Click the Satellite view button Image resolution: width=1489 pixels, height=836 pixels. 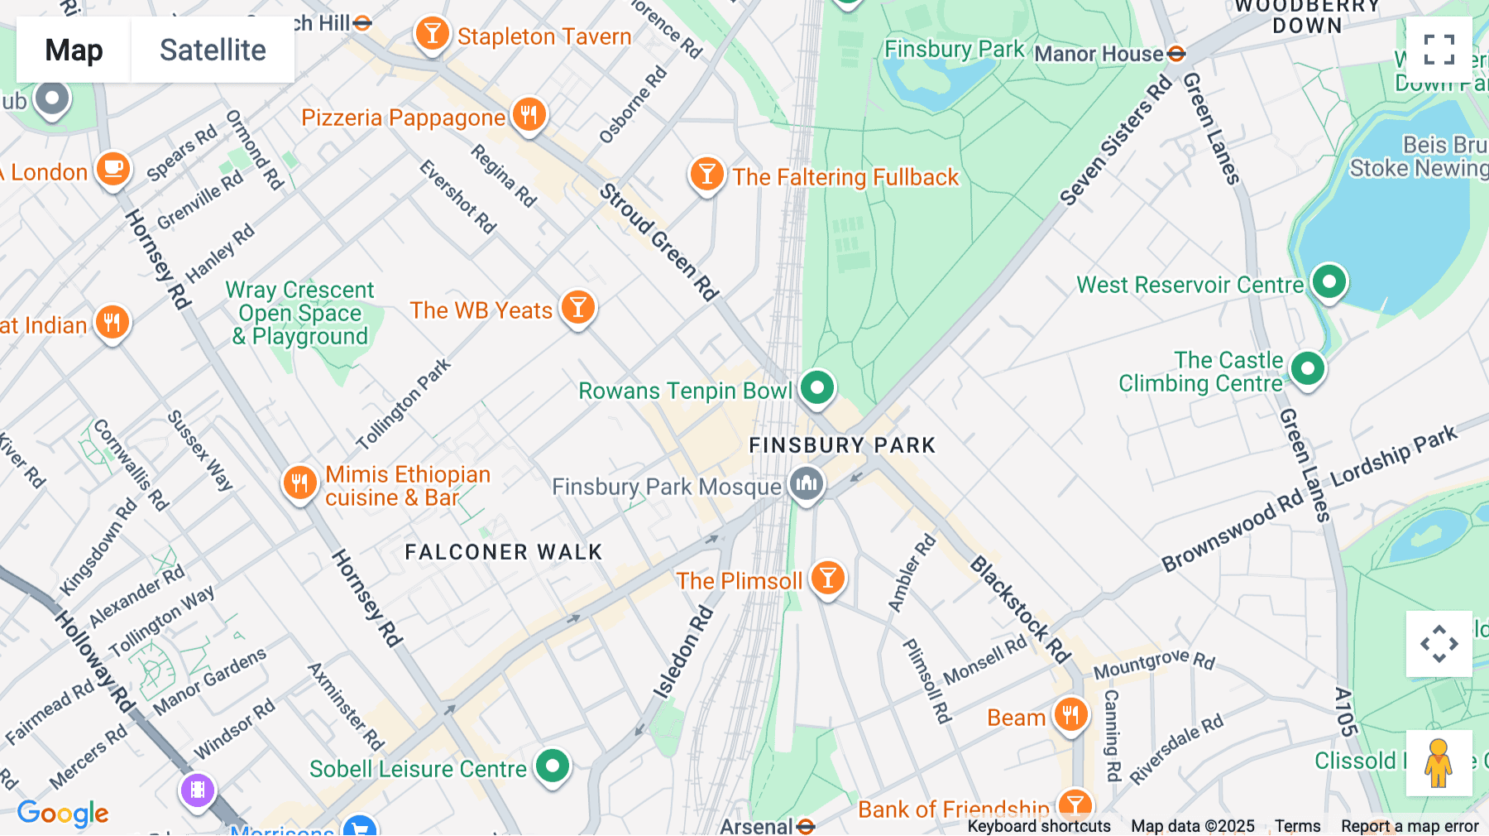[213, 50]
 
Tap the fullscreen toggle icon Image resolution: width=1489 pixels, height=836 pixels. [1439, 50]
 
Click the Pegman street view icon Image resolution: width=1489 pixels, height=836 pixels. [1439, 763]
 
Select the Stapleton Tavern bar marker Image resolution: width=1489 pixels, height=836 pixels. [432, 34]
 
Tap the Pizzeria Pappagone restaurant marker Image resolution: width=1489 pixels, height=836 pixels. [529, 114]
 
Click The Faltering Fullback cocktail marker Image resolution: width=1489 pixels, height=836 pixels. [706, 175]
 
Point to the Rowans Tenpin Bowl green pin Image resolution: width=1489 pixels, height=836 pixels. [817, 387]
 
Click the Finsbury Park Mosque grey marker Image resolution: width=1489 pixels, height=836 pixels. [807, 483]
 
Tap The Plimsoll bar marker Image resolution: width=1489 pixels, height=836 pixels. [827, 579]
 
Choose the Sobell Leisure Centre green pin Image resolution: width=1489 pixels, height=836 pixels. [553, 766]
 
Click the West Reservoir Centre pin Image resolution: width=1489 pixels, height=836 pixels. [1329, 282]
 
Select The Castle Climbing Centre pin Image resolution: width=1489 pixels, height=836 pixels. [1307, 368]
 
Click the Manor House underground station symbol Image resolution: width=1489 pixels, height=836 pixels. [1176, 54]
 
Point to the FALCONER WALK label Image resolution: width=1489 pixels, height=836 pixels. [503, 552]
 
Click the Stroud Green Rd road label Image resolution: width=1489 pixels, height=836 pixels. [658, 242]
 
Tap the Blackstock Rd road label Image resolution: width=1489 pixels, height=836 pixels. [1020, 610]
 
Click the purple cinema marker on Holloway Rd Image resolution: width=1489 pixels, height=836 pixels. [198, 790]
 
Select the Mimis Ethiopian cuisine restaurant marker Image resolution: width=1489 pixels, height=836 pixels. [299, 483]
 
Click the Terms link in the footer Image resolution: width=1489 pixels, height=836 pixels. [1297, 825]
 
